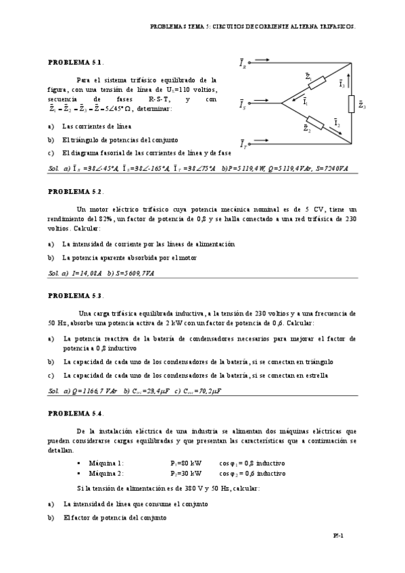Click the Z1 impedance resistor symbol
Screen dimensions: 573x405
316,83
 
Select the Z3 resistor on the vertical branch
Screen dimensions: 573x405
351,104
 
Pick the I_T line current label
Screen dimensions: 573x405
243,143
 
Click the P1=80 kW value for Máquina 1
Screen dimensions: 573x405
186,463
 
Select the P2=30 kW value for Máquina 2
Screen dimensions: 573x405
186,473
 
